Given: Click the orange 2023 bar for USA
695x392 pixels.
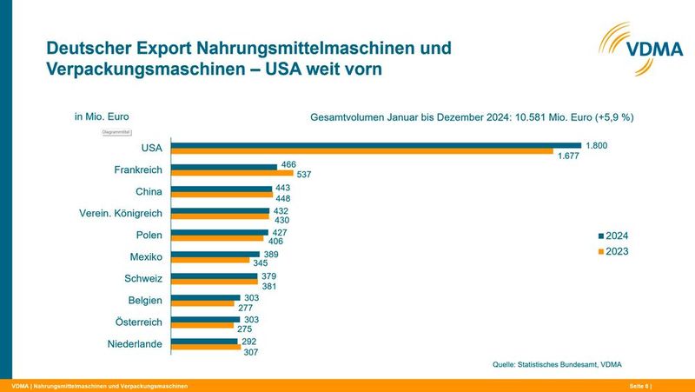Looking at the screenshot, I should (364, 152).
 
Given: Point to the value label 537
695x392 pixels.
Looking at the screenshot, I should (304, 174).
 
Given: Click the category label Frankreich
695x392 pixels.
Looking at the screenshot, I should (139, 170).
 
